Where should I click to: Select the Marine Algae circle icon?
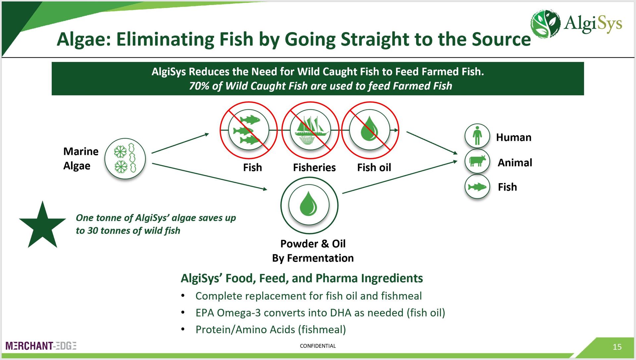(x=125, y=159)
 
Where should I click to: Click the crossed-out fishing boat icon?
(x=310, y=130)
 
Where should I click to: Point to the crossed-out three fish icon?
(x=248, y=130)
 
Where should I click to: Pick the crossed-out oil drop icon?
(x=370, y=130)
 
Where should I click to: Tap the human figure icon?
(x=477, y=136)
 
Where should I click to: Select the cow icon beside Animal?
(x=477, y=161)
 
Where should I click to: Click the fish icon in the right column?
(x=477, y=187)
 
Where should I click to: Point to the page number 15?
(x=617, y=347)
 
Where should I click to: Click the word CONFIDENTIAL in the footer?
(x=318, y=346)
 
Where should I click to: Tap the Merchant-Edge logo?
(x=41, y=346)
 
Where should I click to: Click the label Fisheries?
(x=314, y=168)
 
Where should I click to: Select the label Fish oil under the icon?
(x=374, y=168)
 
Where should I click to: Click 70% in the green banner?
(x=199, y=86)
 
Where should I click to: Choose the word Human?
(x=513, y=137)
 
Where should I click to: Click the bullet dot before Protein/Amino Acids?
(x=183, y=329)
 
